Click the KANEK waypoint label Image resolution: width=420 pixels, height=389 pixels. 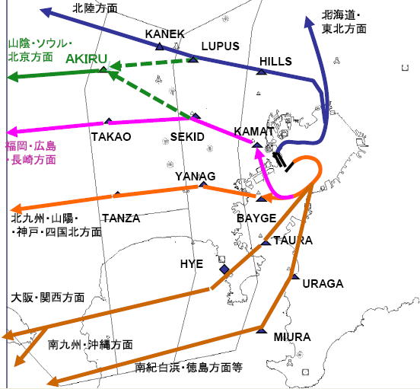[x=164, y=34]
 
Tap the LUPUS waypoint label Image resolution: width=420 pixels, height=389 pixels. [x=220, y=46]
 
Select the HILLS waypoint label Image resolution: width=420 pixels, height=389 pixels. [x=275, y=61]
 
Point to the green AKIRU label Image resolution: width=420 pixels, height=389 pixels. [x=86, y=58]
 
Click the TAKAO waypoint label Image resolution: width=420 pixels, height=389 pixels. [x=110, y=137]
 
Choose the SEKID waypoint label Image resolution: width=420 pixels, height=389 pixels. [x=187, y=137]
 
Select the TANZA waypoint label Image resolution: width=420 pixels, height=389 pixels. [x=121, y=218]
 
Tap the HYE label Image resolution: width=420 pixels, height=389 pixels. [x=191, y=264]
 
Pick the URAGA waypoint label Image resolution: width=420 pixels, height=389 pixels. [x=323, y=284]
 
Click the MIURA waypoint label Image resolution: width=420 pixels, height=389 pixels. [x=291, y=336]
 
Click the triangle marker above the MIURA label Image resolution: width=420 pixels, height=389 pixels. [x=261, y=331]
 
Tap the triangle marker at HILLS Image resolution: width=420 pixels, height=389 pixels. [x=261, y=72]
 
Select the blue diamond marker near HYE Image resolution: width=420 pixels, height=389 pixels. [x=224, y=270]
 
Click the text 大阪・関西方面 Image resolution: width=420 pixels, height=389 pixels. [x=47, y=298]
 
